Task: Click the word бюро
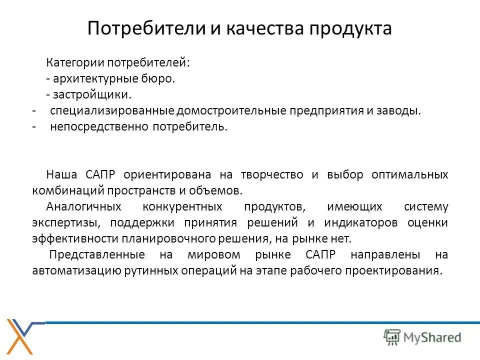[161, 78]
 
